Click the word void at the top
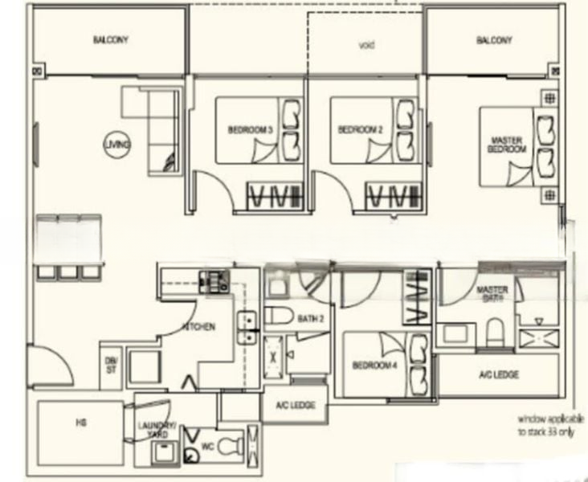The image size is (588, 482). (x=366, y=45)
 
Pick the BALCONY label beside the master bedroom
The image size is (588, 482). (x=494, y=40)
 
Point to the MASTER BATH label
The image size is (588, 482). (x=491, y=293)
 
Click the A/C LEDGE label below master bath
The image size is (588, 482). (x=498, y=374)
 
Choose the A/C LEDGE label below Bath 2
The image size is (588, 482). (x=295, y=405)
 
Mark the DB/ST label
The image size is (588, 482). (x=110, y=364)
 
